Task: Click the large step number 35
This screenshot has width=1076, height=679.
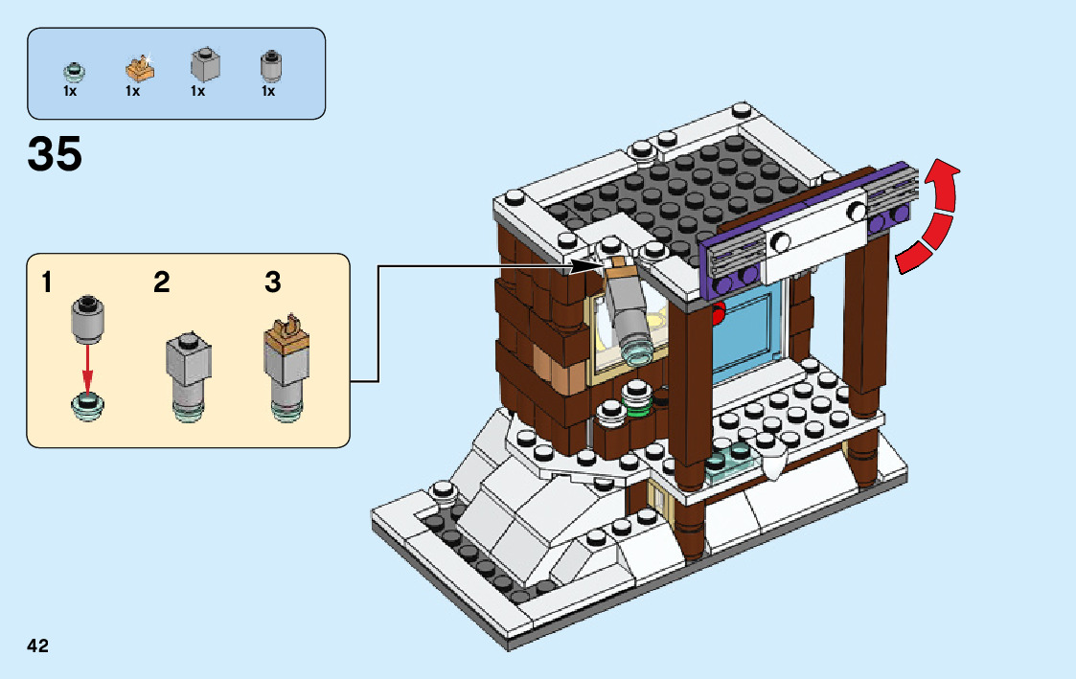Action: pos(56,154)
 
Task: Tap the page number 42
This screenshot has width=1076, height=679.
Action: pos(38,645)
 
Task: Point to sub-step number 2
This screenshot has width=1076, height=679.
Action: pos(162,283)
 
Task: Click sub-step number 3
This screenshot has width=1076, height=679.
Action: pos(273,283)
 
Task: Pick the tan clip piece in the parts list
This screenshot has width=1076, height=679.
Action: pos(139,67)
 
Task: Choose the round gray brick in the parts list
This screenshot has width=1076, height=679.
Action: pos(270,66)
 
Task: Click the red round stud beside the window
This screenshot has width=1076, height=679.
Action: pos(718,311)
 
